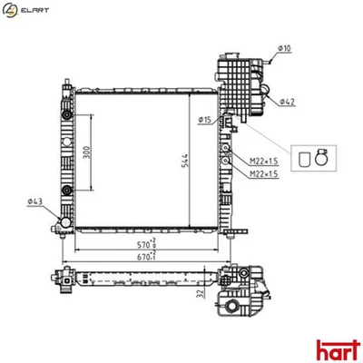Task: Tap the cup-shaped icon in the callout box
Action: pos(302,160)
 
